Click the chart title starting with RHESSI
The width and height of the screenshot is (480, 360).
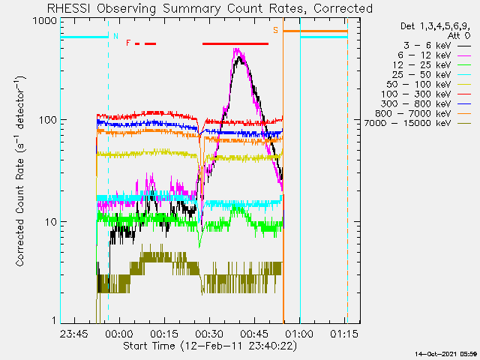[210, 8]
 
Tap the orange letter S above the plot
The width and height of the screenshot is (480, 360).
[275, 30]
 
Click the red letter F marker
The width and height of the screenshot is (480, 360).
[128, 43]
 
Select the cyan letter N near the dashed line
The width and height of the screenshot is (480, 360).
[115, 36]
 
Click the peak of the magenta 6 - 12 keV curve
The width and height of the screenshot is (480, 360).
[237, 50]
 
